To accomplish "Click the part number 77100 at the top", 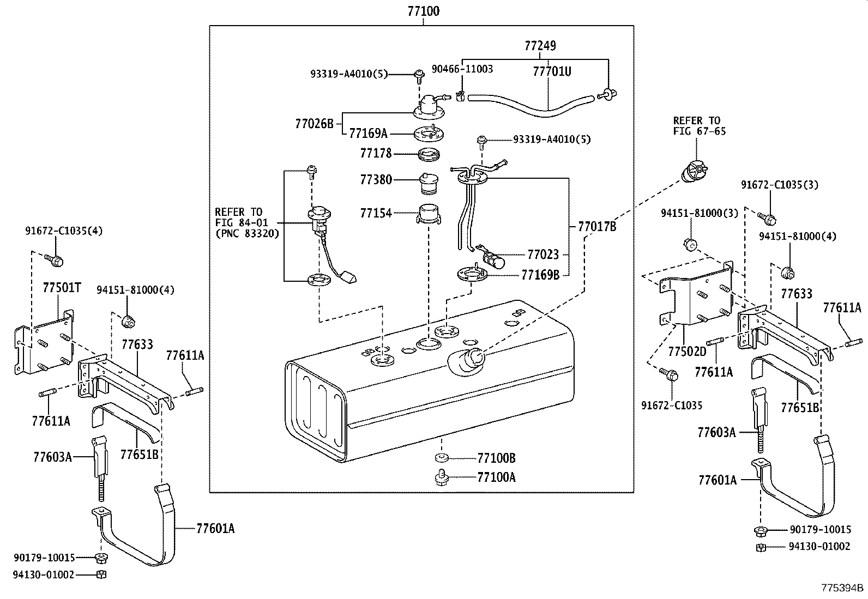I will [x=424, y=11].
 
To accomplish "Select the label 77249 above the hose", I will [x=540, y=46].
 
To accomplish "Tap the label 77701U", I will [x=552, y=71].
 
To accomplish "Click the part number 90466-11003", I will [x=462, y=69].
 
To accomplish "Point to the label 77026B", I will [x=314, y=124].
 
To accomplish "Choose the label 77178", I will [x=376, y=154].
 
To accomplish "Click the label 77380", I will [x=376, y=179].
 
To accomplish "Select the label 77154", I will [x=376, y=213].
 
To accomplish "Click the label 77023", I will [x=543, y=255].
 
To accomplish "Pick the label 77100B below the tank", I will [x=496, y=458].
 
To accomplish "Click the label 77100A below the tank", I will [x=496, y=477].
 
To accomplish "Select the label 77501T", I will [x=62, y=287].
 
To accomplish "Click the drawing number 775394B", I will [x=843, y=588].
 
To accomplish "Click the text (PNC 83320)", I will [x=247, y=234].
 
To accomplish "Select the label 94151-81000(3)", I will [x=700, y=213].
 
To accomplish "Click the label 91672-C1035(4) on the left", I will [x=64, y=231].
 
